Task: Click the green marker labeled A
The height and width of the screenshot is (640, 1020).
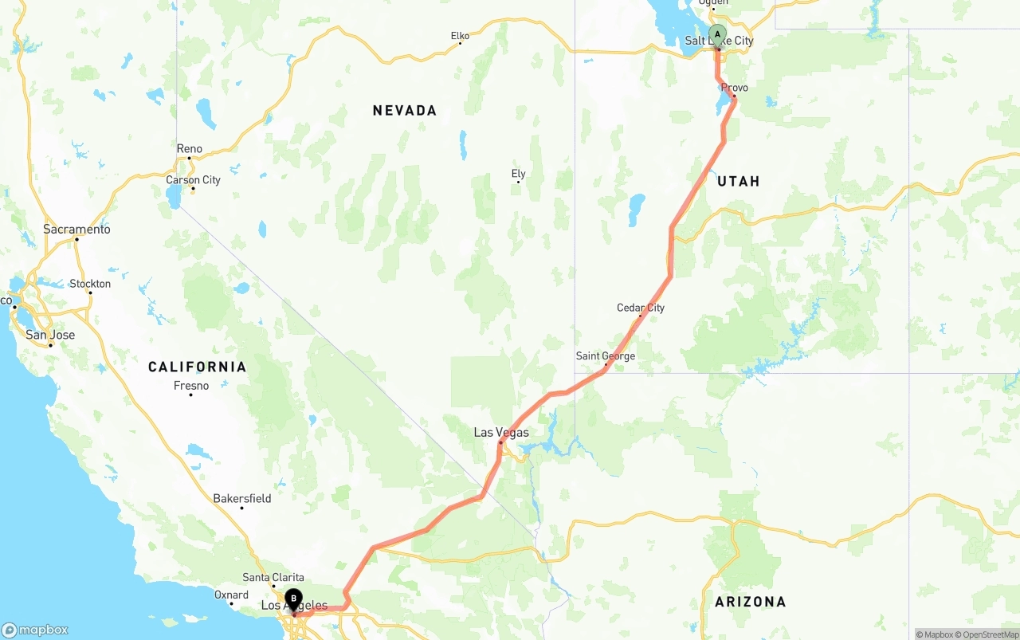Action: click(717, 35)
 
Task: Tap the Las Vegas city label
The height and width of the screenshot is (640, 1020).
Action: click(501, 432)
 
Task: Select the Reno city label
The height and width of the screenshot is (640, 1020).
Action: click(190, 149)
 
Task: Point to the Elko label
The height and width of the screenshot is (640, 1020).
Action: click(460, 36)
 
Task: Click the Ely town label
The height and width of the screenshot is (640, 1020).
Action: click(518, 174)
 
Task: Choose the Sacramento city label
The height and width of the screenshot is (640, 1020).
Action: click(76, 230)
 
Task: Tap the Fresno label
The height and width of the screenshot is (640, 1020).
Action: click(191, 386)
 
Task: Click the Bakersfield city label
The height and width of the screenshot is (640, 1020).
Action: click(241, 499)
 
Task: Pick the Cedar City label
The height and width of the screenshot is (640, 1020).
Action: click(641, 308)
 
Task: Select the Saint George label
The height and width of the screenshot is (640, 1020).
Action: click(606, 356)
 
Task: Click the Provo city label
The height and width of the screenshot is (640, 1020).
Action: click(735, 88)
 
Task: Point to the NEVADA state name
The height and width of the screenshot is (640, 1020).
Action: click(405, 111)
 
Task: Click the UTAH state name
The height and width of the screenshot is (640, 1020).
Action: click(739, 182)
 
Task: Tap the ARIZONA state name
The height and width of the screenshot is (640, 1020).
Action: click(750, 602)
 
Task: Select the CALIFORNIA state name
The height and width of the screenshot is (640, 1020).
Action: click(197, 367)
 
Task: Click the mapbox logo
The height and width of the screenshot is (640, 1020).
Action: click(36, 630)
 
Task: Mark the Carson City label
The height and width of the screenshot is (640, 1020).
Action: click(193, 180)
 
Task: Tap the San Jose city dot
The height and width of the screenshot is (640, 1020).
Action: click(50, 345)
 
